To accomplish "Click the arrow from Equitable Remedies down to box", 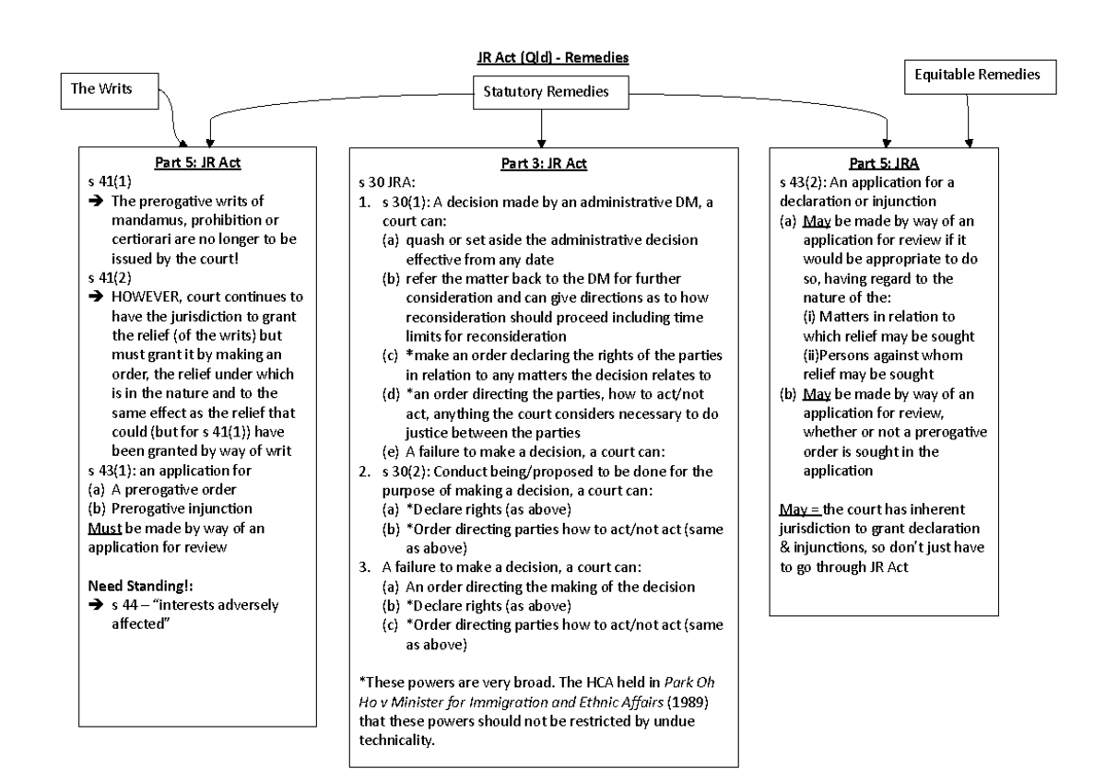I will tap(968, 120).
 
